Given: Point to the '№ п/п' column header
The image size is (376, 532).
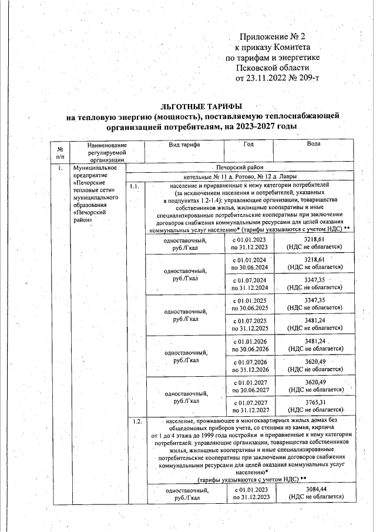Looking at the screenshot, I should [x=60, y=152].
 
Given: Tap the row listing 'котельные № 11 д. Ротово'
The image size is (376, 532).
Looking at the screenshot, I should [x=240, y=176].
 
